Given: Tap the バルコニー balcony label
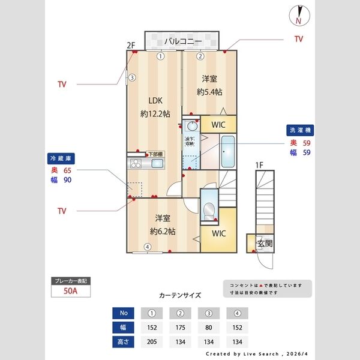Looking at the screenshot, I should [183, 41].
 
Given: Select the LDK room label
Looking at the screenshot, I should [152, 100].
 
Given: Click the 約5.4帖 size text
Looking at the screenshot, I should [209, 92].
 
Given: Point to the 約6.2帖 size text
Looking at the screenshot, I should [163, 231].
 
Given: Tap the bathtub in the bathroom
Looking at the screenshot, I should [227, 153].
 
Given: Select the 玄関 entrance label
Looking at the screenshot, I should [265, 244].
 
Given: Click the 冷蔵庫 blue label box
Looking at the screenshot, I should [60, 158].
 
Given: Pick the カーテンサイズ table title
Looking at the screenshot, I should [180, 295].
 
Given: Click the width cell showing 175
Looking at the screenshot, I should [180, 328].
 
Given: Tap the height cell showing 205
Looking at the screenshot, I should [152, 342].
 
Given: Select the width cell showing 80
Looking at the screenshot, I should [208, 328].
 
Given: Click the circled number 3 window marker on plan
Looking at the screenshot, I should [132, 77].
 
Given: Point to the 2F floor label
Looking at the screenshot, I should [131, 44].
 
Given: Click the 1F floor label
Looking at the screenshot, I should [259, 164].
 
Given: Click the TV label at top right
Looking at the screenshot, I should [298, 39].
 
